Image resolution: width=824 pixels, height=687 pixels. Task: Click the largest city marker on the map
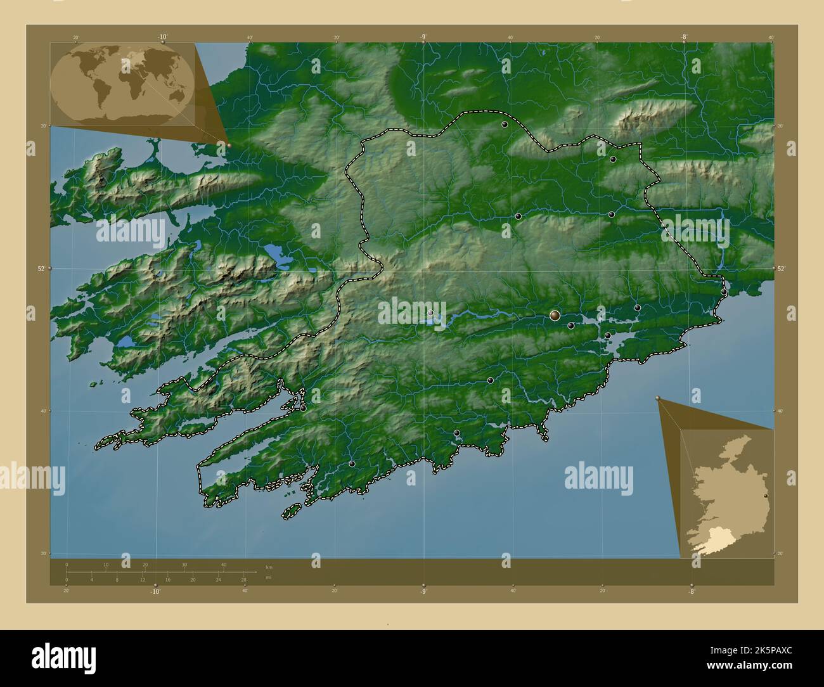click(x=555, y=315)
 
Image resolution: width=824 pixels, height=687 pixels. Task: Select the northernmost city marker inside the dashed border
click(x=505, y=125)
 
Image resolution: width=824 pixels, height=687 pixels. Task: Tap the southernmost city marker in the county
click(x=352, y=464)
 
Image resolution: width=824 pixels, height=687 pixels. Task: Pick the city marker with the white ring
click(x=430, y=312)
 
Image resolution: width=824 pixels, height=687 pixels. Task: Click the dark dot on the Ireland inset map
click(x=766, y=496)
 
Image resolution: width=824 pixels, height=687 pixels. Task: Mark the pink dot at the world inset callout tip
click(x=229, y=145)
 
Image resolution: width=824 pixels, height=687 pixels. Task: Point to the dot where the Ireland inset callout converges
click(x=657, y=398)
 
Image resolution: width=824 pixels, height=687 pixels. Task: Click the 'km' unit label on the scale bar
click(x=269, y=567)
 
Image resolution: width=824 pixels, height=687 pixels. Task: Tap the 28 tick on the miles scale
click(x=243, y=579)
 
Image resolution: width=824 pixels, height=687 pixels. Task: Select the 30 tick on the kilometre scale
click(x=184, y=564)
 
